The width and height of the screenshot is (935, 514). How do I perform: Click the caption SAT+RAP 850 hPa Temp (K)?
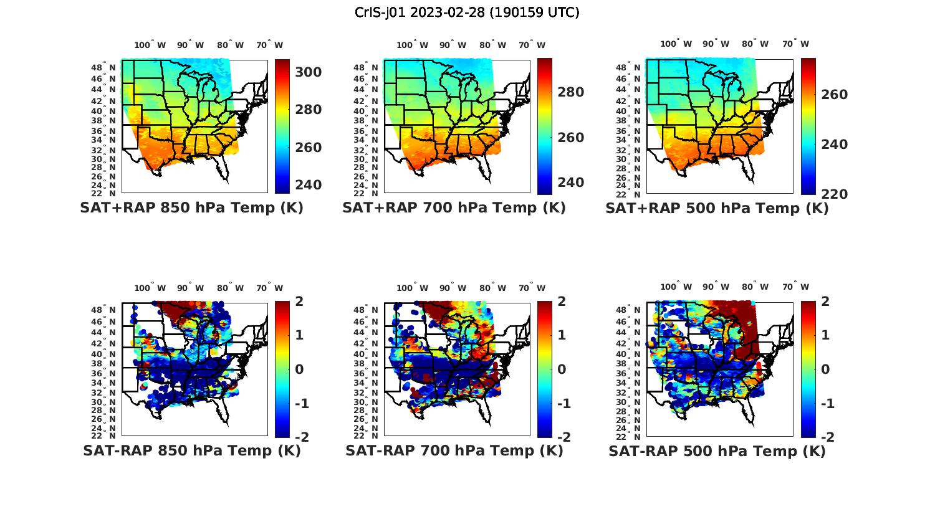coord(191,208)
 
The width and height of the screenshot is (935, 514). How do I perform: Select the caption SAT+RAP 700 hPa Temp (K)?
coord(454,208)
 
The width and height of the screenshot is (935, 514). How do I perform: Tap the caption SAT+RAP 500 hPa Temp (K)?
coord(717,208)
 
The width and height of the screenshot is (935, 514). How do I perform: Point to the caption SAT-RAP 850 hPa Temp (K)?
coord(191,450)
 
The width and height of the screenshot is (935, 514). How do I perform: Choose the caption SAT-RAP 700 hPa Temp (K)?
coord(454,450)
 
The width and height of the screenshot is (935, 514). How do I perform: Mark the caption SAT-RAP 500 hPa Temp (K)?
coord(717,450)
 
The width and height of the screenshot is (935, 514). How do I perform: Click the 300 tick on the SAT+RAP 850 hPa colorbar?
coord(309,72)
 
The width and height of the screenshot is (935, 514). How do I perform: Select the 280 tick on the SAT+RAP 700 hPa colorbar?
coord(570,92)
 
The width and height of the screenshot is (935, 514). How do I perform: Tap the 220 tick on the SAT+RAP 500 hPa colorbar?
coord(834,194)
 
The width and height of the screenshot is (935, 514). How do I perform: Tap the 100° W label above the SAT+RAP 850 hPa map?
coord(150,45)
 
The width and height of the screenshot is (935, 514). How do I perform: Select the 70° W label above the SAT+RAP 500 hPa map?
coord(795,44)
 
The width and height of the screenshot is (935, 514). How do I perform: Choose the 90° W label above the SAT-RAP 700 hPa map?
coord(452,288)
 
